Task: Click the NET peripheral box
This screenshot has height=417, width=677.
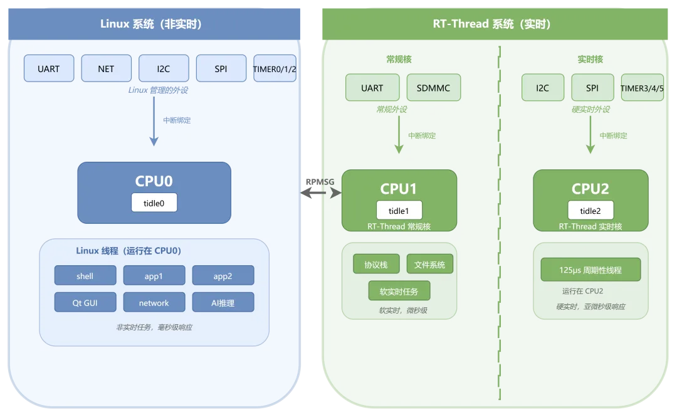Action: coord(106,68)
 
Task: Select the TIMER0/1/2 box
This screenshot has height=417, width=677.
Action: coord(275,68)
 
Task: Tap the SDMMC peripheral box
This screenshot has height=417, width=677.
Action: coord(434,88)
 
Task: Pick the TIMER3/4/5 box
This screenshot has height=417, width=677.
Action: coord(642,88)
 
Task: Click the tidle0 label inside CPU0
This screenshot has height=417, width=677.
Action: coord(154,203)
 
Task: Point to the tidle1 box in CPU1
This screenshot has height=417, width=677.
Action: coord(399,211)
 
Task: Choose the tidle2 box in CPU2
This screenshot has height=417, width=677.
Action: coord(590,211)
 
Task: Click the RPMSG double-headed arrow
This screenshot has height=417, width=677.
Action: coord(321,193)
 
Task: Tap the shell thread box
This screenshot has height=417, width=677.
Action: coord(85,276)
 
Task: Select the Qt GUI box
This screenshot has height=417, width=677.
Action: coord(85,302)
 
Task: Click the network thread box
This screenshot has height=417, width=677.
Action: coord(154,302)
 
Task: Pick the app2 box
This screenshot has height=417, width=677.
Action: coord(223,276)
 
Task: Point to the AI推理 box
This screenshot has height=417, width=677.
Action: coord(223,302)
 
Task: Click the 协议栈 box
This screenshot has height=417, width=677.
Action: coord(376,264)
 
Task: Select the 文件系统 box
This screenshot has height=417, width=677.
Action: coord(429,264)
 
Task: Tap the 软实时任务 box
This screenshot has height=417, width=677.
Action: coord(399,291)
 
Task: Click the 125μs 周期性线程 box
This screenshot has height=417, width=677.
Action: coord(590,270)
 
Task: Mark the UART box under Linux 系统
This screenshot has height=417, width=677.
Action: coord(49,68)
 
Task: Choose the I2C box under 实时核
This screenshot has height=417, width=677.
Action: coord(543,88)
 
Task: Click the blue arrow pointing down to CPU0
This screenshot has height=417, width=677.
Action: coord(154,122)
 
